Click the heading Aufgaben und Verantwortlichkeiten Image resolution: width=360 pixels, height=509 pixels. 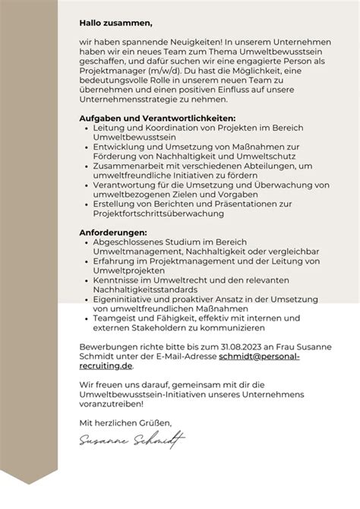point(157,119)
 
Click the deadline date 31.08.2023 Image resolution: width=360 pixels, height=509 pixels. point(225,346)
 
